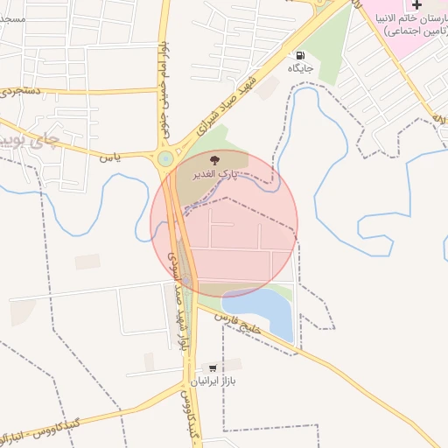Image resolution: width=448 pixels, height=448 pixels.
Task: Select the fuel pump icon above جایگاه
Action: (302, 54)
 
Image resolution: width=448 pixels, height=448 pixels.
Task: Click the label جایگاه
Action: (301, 67)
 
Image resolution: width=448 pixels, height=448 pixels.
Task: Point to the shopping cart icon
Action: (212, 367)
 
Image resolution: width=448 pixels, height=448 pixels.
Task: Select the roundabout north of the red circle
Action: (165, 158)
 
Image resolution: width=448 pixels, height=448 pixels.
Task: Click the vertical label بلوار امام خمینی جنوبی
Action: (164, 79)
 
